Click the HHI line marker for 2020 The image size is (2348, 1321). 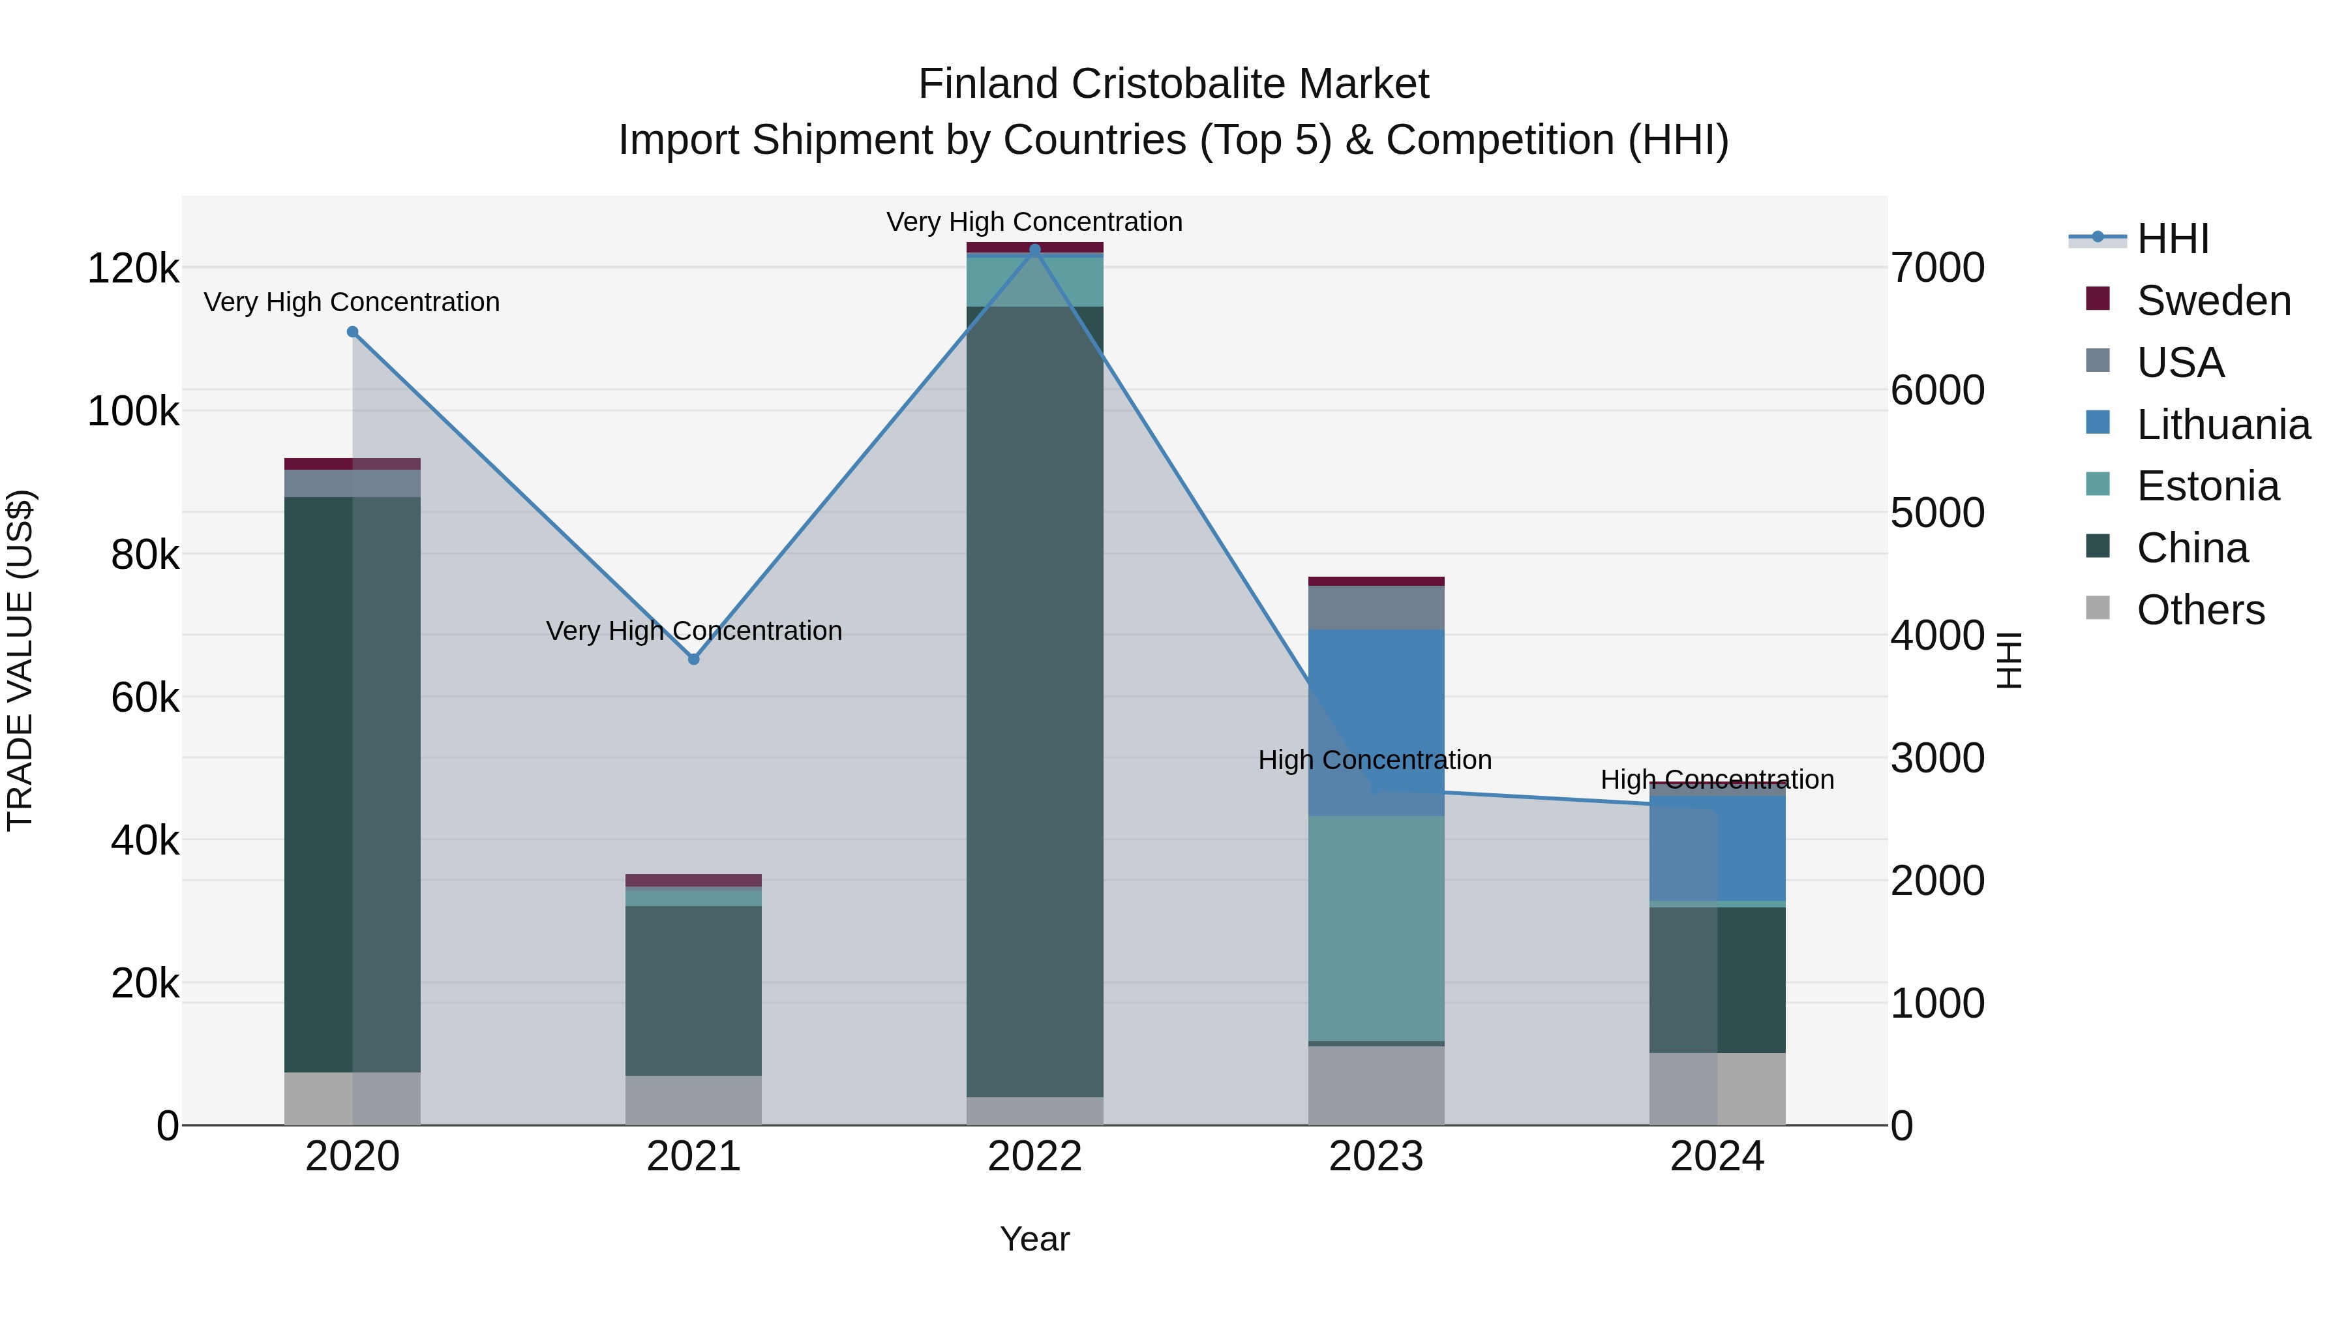[353, 332]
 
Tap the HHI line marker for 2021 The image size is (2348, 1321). [694, 659]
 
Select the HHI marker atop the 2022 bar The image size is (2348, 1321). [1034, 249]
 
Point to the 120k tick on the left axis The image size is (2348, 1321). [133, 269]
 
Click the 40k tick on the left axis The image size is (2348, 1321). [145, 841]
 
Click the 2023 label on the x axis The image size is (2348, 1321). [1376, 1157]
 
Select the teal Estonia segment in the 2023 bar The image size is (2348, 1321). [1376, 928]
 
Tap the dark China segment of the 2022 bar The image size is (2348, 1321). [1034, 702]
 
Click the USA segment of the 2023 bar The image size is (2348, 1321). [1376, 607]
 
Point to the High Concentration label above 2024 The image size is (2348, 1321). [1717, 780]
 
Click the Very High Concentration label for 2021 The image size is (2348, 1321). [694, 631]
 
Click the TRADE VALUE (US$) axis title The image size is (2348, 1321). [21, 660]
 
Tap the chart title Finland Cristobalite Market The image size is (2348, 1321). [1173, 84]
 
